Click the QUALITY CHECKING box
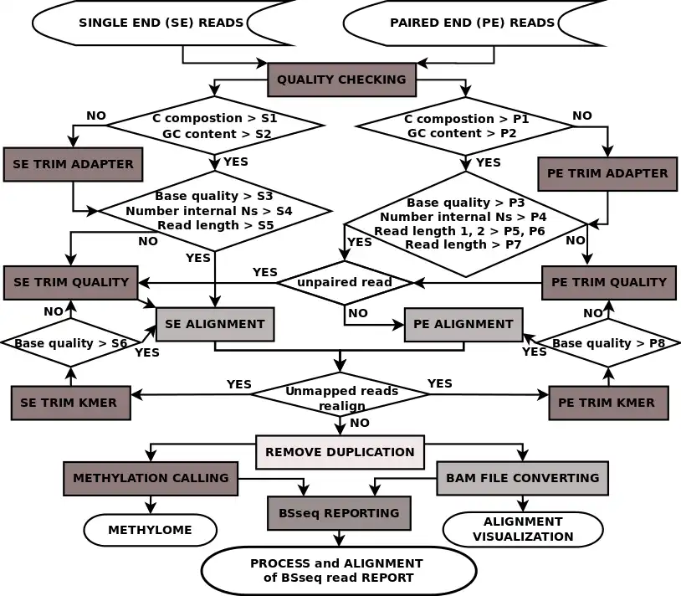(341, 80)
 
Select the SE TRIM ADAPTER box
(73, 164)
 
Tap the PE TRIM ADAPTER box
(607, 173)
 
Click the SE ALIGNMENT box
(215, 324)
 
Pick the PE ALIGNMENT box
(463, 324)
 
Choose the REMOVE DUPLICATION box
(340, 451)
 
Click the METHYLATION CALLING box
(151, 478)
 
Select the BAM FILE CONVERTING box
(522, 478)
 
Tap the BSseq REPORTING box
(339, 512)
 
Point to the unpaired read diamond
(345, 282)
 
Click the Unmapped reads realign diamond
(341, 398)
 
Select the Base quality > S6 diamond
(71, 342)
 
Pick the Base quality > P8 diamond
(608, 342)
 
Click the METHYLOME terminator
(150, 530)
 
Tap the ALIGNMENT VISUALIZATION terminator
(523, 528)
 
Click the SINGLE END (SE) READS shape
(161, 23)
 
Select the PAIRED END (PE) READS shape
(472, 23)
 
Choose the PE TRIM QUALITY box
(608, 282)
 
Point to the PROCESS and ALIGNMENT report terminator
(338, 570)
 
